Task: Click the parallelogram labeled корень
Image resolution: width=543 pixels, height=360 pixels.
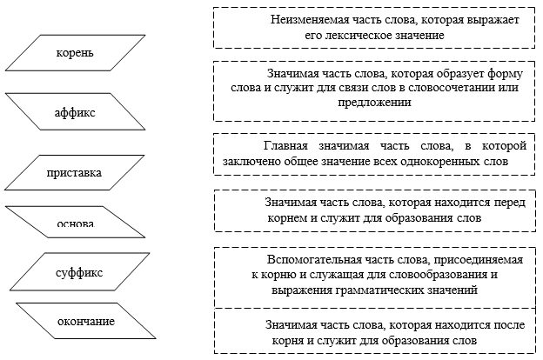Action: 75,53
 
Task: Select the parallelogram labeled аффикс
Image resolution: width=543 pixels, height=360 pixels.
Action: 75,111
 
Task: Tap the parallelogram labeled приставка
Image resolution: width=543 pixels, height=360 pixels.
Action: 75,172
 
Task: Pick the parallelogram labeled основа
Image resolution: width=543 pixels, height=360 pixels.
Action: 75,222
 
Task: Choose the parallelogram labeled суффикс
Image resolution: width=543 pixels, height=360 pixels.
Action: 80,271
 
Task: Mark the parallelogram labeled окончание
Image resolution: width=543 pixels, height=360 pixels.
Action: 86,321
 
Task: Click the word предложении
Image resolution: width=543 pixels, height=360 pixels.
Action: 375,103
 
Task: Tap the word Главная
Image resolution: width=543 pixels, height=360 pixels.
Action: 285,146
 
